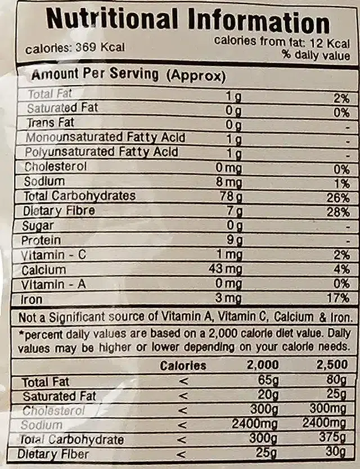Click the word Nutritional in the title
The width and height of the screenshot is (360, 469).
coord(110,21)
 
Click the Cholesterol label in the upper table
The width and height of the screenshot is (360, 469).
coord(55,167)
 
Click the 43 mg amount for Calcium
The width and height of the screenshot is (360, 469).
coord(225,270)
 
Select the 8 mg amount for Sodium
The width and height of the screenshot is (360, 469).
coord(229,182)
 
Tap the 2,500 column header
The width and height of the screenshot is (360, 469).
coord(332,365)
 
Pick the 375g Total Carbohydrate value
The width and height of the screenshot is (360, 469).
coord(332,439)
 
